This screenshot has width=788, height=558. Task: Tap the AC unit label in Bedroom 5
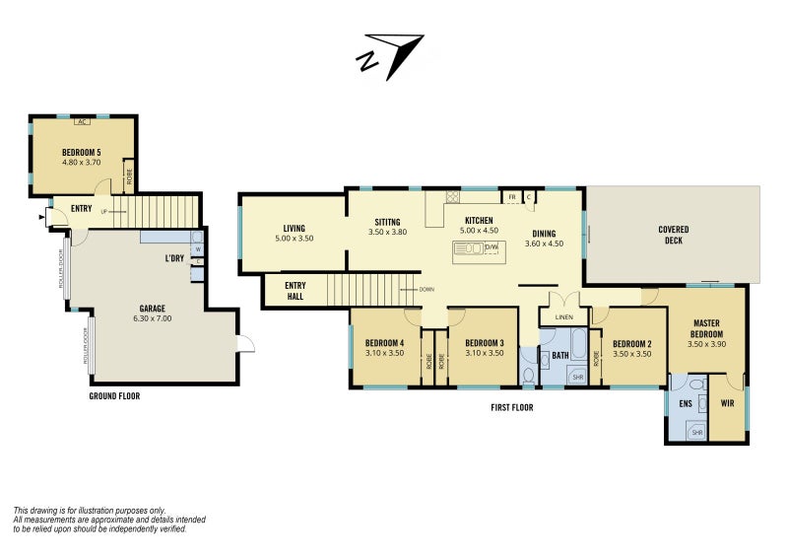83,122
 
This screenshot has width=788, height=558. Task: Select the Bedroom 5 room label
82,152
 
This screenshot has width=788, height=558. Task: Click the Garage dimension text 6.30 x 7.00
153,318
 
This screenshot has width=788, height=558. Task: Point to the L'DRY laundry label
174,258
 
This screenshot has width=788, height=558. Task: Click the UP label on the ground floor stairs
104,212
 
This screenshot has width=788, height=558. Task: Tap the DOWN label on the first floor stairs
427,290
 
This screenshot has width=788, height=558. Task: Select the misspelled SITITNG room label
387,222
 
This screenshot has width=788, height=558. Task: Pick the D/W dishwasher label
491,247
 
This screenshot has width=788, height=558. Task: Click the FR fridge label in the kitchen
512,197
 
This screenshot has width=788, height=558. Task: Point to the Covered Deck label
674,235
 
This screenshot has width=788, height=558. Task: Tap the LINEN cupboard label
563,317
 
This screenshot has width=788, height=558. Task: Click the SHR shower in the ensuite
697,432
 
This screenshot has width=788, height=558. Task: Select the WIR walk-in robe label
727,403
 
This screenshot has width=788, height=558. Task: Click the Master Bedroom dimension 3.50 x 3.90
706,345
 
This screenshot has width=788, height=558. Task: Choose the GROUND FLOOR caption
114,396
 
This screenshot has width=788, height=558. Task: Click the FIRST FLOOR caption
512,407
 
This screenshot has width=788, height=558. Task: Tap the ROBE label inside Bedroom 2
596,358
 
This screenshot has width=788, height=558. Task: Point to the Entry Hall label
295,291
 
